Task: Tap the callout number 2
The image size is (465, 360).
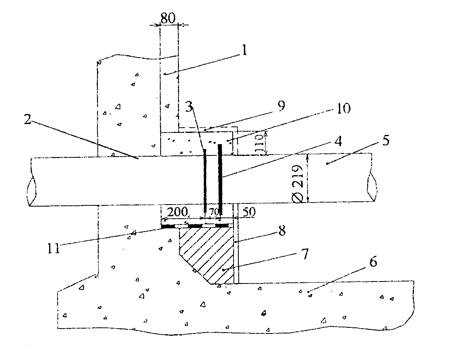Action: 27,119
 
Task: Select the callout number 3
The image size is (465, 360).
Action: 189,107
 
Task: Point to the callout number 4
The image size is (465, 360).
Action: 338,141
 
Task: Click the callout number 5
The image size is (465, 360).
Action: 386,140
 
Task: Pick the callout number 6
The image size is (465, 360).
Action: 373,262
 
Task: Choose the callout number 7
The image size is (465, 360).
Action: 305,254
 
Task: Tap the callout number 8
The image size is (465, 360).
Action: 282,230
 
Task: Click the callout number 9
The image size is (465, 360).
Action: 281,106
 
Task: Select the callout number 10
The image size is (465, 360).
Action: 343,109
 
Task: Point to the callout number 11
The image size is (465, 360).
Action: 54,248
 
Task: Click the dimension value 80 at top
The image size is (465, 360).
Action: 168,18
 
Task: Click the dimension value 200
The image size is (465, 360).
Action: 178,212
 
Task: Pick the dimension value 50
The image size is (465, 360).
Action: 249,212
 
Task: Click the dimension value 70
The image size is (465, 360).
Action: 214,212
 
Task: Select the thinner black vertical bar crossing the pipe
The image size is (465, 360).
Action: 205,180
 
